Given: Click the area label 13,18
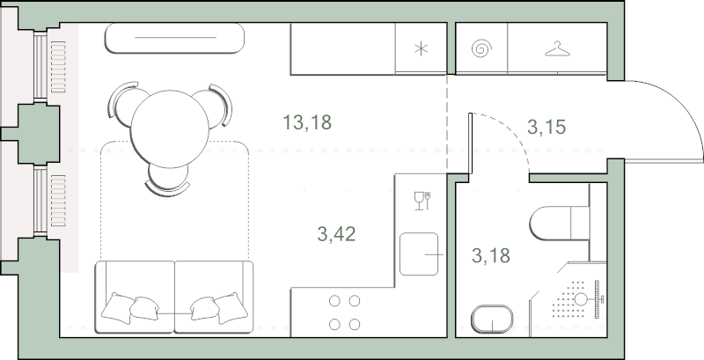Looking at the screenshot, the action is (x=307, y=122).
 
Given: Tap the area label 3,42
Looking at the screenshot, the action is (x=336, y=234).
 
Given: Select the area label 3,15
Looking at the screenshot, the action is (x=546, y=127).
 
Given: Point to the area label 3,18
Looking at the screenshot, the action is (x=491, y=255).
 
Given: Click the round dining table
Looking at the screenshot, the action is (x=170, y=129).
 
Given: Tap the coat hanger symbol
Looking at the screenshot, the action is (x=557, y=49).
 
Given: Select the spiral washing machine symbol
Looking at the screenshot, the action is (x=481, y=48).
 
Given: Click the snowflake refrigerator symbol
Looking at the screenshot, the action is (x=421, y=48).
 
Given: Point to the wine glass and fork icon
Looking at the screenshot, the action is (x=422, y=201).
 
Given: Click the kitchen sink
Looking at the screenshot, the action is (x=419, y=254).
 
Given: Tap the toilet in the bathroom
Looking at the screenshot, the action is (x=559, y=223).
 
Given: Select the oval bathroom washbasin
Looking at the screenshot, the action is (x=492, y=320).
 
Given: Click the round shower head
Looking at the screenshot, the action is (x=582, y=299).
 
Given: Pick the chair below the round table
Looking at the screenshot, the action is (x=167, y=180).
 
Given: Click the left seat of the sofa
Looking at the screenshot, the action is (x=135, y=298).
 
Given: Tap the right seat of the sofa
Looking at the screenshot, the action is (x=214, y=298).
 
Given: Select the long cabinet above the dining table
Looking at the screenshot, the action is (x=174, y=38).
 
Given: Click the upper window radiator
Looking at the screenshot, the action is (x=58, y=67).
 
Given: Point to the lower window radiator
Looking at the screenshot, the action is (x=58, y=201).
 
